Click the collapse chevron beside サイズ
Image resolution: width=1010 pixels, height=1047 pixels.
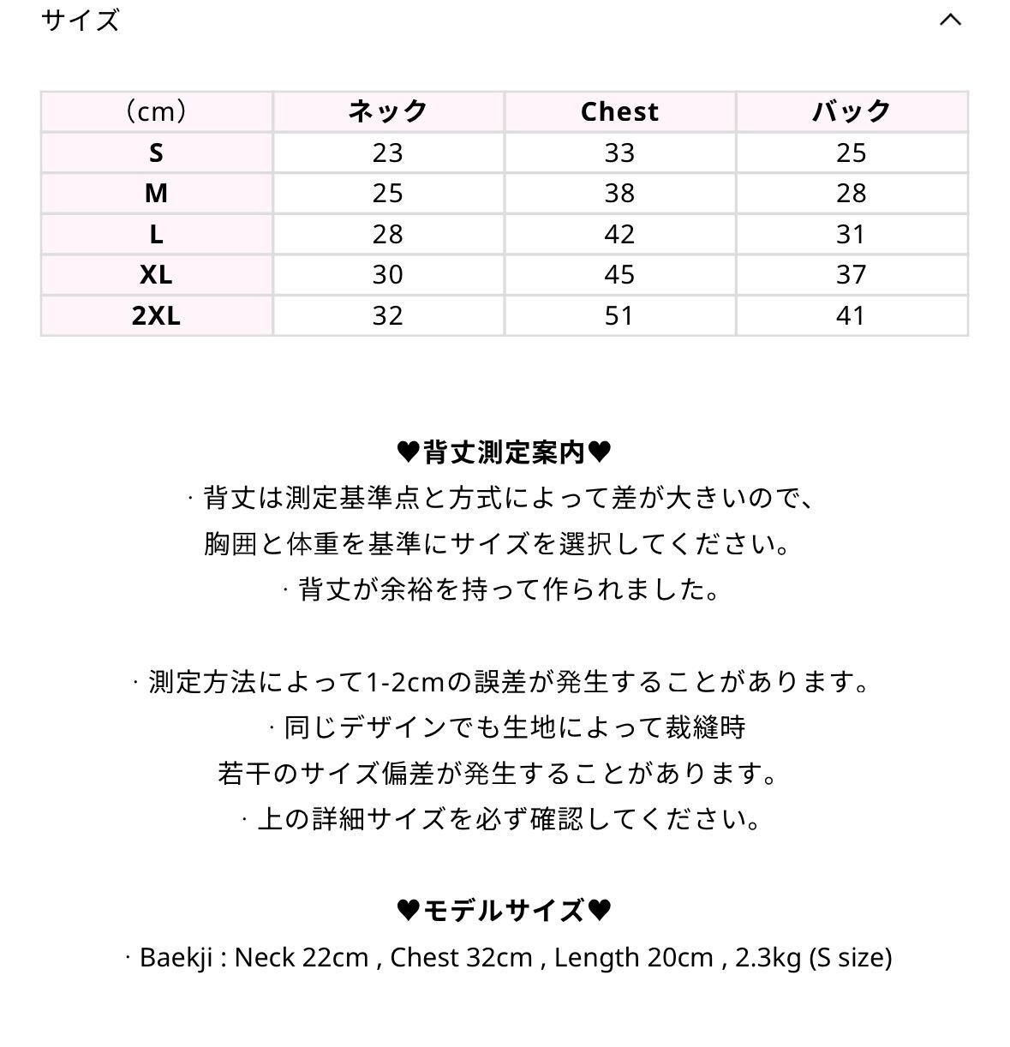coord(950,20)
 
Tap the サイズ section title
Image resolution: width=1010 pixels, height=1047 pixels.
coord(80,20)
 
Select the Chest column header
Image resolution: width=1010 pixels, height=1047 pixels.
coord(619,112)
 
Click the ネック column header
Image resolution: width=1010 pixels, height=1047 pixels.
coord(387,112)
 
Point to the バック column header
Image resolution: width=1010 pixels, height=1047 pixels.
coord(851,112)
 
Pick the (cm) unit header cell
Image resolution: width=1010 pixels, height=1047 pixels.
coord(156,112)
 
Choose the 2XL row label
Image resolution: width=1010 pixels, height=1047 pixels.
coord(156,316)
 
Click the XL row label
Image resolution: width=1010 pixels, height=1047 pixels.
coord(156,275)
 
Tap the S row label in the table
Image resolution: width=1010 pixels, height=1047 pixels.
coord(156,153)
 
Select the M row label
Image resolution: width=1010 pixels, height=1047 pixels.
coord(156,194)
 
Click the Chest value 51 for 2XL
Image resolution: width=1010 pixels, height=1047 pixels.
coord(619,316)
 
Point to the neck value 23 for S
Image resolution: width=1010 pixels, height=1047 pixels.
coord(387,153)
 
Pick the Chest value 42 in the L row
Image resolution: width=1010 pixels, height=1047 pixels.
coord(619,235)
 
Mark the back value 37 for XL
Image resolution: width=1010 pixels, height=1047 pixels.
coord(851,275)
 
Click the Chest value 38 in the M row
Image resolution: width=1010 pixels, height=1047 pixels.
coord(619,194)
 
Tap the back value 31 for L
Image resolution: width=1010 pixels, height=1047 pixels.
coord(851,235)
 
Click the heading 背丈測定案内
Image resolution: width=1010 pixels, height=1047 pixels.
coord(505,452)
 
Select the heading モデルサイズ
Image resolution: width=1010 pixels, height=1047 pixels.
coord(505,911)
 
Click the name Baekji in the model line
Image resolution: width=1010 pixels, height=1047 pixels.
coord(176,957)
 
